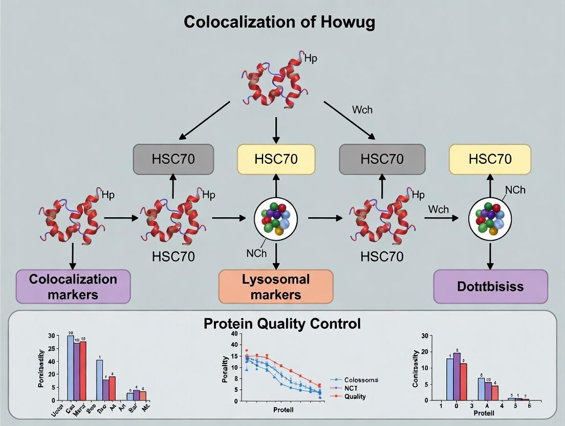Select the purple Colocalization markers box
click(x=73, y=287)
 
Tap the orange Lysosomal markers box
click(x=276, y=287)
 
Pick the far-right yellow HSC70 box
click(x=490, y=159)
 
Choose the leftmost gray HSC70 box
click(x=172, y=159)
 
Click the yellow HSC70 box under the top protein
click(x=276, y=159)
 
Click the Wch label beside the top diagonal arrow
click(x=362, y=110)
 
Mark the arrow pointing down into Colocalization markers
click(x=73, y=256)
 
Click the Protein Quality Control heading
click(x=282, y=324)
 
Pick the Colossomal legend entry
click(x=361, y=380)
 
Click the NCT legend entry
click(x=352, y=388)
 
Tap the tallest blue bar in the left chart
click(x=71, y=368)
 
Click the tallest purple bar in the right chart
click(x=457, y=376)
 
